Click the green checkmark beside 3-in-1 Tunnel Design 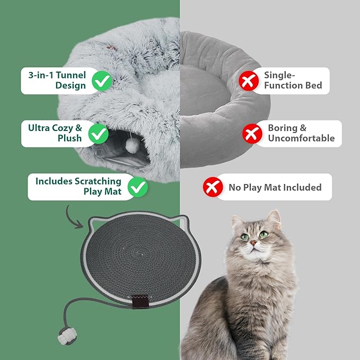pyautogui.click(x=102, y=81)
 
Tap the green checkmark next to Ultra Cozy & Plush pyautogui.click(x=99, y=134)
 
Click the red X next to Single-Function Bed pyautogui.click(x=247, y=81)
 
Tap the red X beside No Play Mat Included pyautogui.click(x=213, y=187)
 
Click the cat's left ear pyautogui.click(x=274, y=219)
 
